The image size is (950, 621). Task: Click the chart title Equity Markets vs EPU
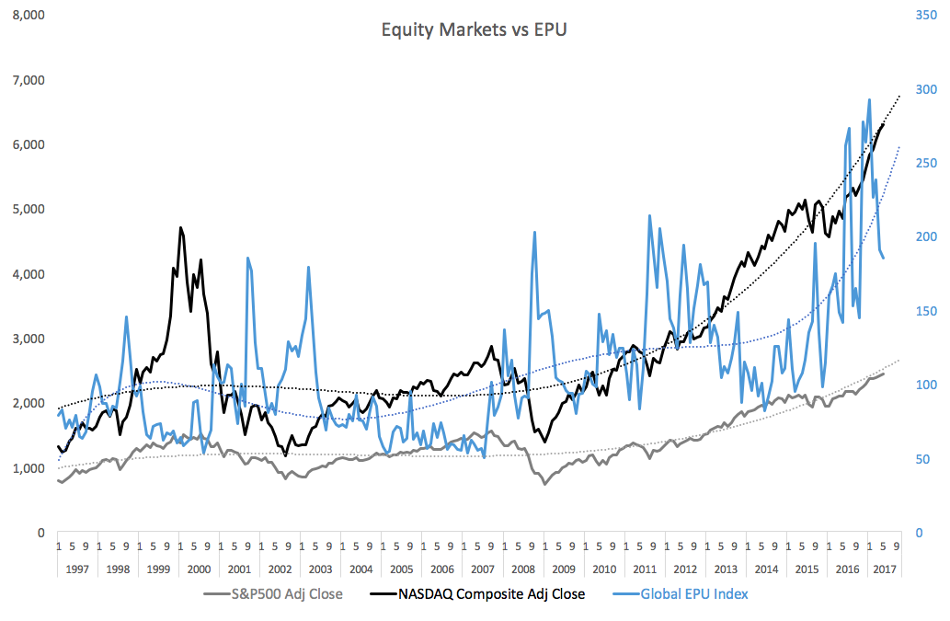(x=475, y=29)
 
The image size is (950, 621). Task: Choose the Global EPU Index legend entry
(x=695, y=593)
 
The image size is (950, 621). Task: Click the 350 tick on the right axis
(x=924, y=15)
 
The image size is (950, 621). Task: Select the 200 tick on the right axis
(x=924, y=236)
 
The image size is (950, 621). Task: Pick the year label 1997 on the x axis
(x=77, y=569)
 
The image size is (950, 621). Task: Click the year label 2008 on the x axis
(x=522, y=569)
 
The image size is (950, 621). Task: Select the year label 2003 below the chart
(x=320, y=569)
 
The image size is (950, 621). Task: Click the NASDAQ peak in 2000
(x=180, y=227)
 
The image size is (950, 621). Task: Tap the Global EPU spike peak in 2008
(x=535, y=232)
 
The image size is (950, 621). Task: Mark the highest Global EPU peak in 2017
(x=869, y=99)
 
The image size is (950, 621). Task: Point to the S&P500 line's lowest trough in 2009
(x=544, y=484)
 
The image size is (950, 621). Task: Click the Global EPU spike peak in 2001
(x=248, y=259)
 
